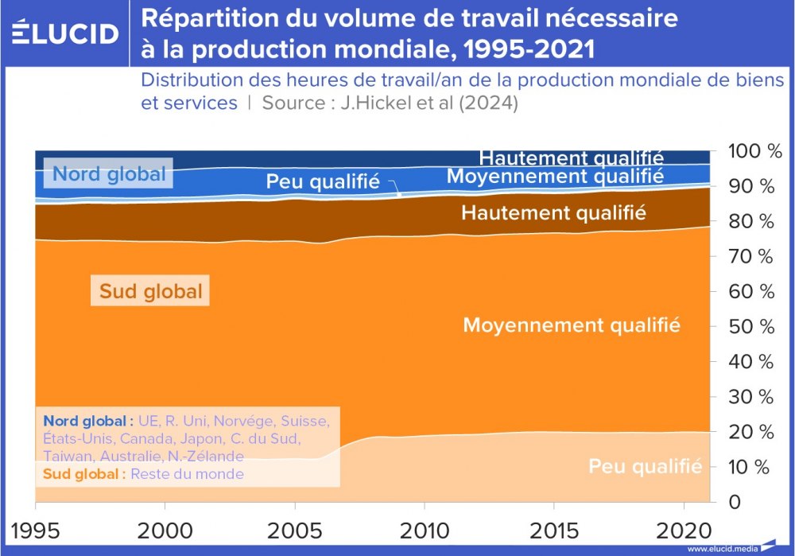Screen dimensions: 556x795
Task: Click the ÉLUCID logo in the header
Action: (65, 33)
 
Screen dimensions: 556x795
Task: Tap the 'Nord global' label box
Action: (109, 173)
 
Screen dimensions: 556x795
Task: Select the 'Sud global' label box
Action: (150, 291)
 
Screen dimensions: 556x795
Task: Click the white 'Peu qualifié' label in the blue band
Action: (322, 181)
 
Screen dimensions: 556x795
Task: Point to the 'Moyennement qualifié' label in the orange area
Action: (571, 325)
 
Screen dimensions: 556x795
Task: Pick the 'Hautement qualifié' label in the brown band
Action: (553, 212)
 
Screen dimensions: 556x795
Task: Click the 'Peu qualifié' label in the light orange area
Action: (645, 466)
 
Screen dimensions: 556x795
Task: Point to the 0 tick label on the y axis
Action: (735, 502)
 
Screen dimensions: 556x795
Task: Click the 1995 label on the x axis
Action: (34, 531)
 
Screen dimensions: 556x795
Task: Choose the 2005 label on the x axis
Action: (294, 531)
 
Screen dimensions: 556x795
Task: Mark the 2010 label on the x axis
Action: (424, 531)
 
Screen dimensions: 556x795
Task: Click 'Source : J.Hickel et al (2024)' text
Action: (390, 103)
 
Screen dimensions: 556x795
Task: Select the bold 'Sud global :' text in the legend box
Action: (83, 473)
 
